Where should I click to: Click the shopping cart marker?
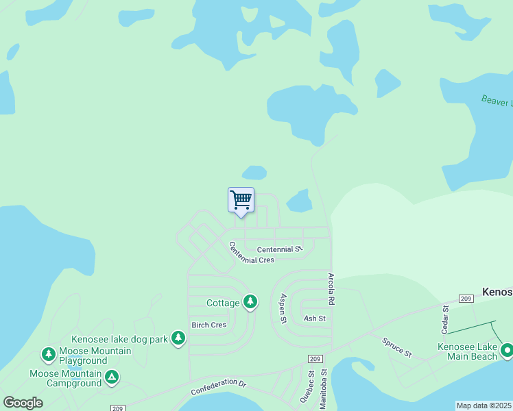click(241, 200)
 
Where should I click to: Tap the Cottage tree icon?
click(250, 301)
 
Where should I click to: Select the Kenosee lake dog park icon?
click(178, 338)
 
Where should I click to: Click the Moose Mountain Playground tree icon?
click(48, 354)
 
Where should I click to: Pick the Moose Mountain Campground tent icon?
click(112, 376)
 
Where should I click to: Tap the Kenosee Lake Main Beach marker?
click(507, 351)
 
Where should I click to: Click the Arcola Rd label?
click(331, 289)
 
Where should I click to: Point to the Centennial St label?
click(279, 250)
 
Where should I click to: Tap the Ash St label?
click(314, 319)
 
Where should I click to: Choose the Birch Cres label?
click(208, 325)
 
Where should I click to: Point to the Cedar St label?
click(444, 319)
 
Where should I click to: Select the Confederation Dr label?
click(218, 386)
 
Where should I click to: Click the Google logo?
click(23, 403)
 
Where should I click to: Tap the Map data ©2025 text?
click(484, 406)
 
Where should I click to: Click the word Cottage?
click(224, 303)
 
